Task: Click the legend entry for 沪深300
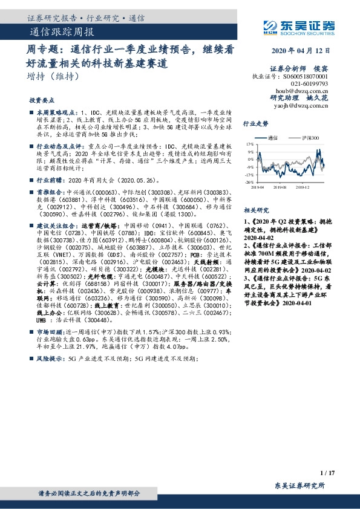[310, 138]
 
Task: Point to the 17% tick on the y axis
[250, 145]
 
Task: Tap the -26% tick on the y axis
[249, 182]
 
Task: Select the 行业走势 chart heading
[255, 123]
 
